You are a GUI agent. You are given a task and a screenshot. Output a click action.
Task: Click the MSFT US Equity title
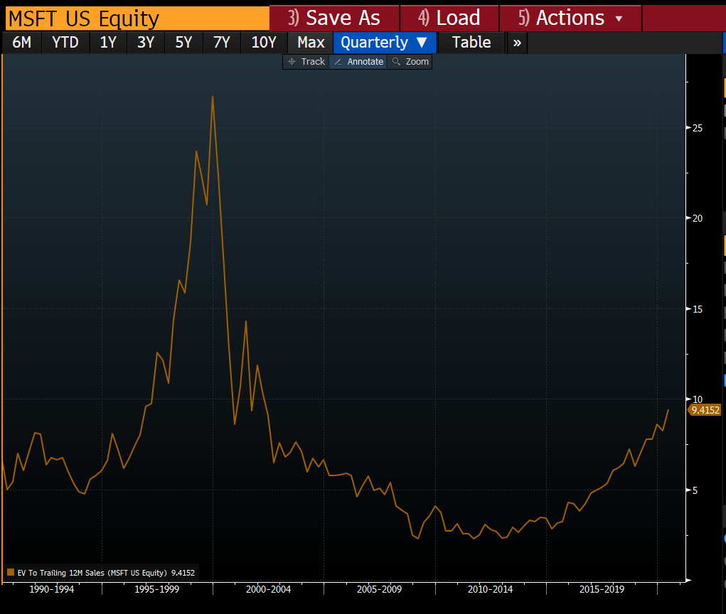[x=84, y=19]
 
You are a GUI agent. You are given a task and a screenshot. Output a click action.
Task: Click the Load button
[x=449, y=18]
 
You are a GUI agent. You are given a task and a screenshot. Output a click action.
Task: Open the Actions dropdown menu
[x=570, y=18]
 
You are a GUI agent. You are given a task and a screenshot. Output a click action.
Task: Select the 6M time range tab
[x=22, y=43]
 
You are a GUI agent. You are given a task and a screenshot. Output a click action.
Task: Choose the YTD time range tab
[x=65, y=43]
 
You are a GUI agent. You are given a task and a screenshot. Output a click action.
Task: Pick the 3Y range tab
[x=146, y=43]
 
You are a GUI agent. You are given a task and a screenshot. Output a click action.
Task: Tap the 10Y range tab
[x=264, y=43]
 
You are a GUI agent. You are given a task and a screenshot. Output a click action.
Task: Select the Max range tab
[x=311, y=43]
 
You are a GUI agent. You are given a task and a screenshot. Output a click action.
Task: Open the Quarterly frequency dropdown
[x=384, y=43]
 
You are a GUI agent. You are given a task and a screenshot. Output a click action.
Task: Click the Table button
[x=471, y=43]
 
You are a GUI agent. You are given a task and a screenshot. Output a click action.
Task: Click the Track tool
[x=306, y=62]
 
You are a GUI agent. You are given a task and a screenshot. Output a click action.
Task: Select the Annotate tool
[x=358, y=62]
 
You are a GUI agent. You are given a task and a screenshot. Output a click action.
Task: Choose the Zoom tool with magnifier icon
[x=410, y=62]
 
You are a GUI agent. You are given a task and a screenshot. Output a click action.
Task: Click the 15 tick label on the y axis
[x=698, y=309]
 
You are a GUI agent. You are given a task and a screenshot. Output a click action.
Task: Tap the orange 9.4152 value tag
[x=705, y=410]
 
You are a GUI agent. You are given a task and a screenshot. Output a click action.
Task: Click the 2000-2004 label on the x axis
[x=269, y=589]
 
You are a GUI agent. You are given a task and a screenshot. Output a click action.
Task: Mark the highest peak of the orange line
[x=213, y=97]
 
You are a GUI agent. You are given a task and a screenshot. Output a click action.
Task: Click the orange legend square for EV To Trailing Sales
[x=11, y=573]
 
